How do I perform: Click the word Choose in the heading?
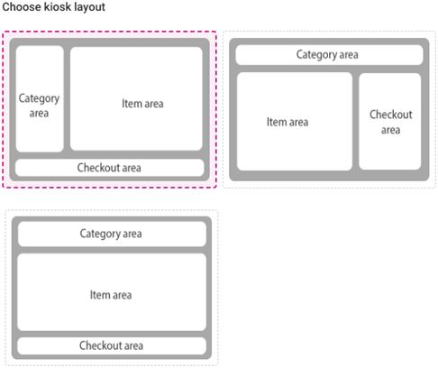pyautogui.click(x=22, y=7)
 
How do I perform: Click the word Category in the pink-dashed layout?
pyautogui.click(x=39, y=98)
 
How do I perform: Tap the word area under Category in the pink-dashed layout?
pyautogui.click(x=39, y=114)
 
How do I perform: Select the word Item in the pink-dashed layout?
pyautogui.click(x=128, y=104)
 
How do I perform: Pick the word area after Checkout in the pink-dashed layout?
pyautogui.click(x=132, y=168)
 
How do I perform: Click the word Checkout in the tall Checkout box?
pyautogui.click(x=391, y=115)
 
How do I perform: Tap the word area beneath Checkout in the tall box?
pyautogui.click(x=391, y=130)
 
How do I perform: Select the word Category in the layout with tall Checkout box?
pyautogui.click(x=316, y=55)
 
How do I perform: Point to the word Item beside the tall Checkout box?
pyautogui.click(x=273, y=122)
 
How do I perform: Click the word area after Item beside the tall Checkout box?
pyautogui.click(x=298, y=123)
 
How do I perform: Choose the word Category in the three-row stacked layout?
pyautogui.click(x=100, y=235)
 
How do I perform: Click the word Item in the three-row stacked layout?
pyautogui.click(x=96, y=295)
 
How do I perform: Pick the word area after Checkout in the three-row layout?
pyautogui.click(x=133, y=346)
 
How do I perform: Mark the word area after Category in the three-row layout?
pyautogui.click(x=132, y=235)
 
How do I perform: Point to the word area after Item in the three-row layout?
pyautogui.click(x=122, y=295)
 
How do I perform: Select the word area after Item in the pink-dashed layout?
pyautogui.click(x=154, y=104)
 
